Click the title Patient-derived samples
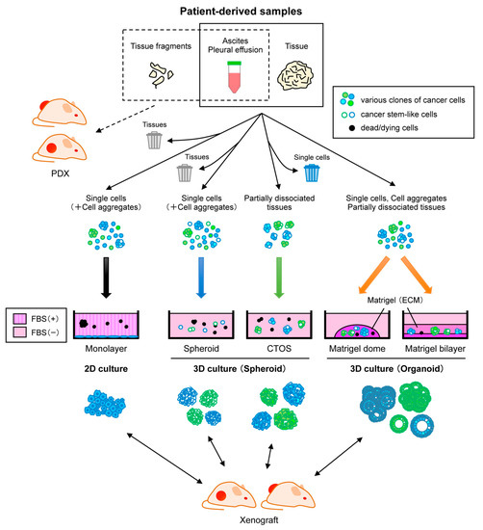[241, 12]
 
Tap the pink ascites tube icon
[234, 77]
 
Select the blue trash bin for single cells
[312, 172]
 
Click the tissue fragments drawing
[161, 74]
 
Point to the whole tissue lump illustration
[295, 76]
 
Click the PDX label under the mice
[60, 173]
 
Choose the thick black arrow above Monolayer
[106, 278]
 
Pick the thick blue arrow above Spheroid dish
[201, 278]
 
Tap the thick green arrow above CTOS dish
[279, 278]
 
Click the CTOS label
[279, 349]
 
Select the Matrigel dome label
[357, 349]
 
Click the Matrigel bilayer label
[435, 349]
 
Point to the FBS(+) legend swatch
[19, 319]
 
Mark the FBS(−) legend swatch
[19, 332]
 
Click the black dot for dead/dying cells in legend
[352, 128]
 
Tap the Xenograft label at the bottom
[259, 519]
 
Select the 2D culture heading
[106, 368]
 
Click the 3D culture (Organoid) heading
[396, 368]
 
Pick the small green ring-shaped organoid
[398, 424]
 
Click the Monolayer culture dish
[106, 325]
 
